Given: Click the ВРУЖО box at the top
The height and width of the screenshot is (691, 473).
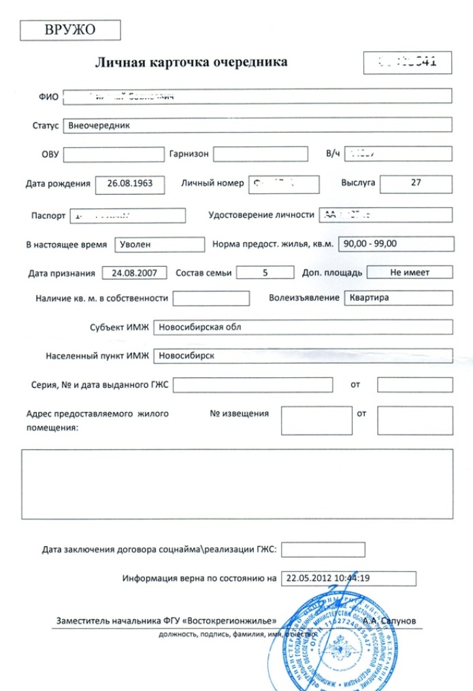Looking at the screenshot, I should (x=70, y=30).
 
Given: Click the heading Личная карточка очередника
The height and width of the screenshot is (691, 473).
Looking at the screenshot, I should (x=191, y=63).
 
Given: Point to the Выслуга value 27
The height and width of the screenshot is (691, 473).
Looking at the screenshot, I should (x=416, y=183).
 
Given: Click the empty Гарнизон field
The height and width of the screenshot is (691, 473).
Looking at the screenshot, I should (x=260, y=155).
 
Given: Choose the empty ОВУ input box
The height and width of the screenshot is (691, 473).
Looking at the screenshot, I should (x=113, y=155).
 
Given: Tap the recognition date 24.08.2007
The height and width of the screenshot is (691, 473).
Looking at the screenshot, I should (x=134, y=273).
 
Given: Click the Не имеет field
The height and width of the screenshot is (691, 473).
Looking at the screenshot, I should (x=409, y=272).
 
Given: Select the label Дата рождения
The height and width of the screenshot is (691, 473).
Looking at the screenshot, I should (x=58, y=184).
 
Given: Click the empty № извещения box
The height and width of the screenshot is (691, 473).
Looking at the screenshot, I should (x=316, y=420).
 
